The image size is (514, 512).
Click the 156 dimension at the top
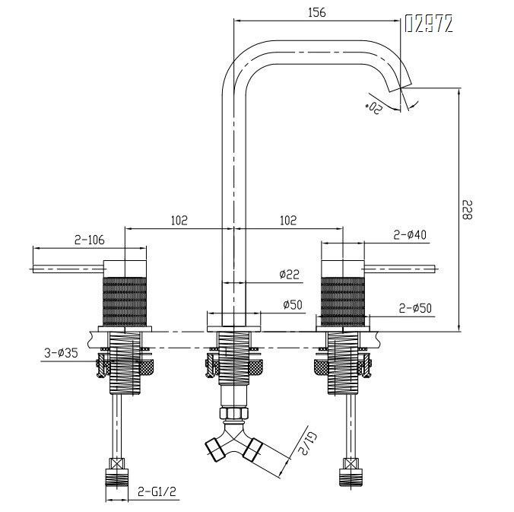pyautogui.click(x=317, y=12)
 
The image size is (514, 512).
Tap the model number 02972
pyautogui.click(x=429, y=24)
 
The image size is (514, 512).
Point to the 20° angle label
pyautogui.click(x=373, y=106)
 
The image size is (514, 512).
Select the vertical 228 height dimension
pyautogui.click(x=467, y=209)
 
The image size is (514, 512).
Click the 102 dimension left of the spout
pyautogui.click(x=179, y=221)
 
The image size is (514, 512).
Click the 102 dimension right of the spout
pyautogui.click(x=288, y=221)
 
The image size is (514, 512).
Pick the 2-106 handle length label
pyautogui.click(x=90, y=240)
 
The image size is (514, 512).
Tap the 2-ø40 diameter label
pyautogui.click(x=410, y=235)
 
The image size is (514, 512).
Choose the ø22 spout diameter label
pyautogui.click(x=290, y=274)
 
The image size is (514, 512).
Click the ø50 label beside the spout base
pyautogui.click(x=293, y=305)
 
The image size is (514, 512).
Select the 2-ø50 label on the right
pyautogui.click(x=415, y=308)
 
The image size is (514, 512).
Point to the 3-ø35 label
pyautogui.click(x=62, y=353)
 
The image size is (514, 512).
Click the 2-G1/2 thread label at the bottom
pyautogui.click(x=157, y=491)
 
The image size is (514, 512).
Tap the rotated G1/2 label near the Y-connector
pyautogui.click(x=307, y=443)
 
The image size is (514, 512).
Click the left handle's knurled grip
pyautogui.click(x=125, y=302)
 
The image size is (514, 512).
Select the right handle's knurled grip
pyautogui.click(x=343, y=302)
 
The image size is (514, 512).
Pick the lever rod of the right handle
pyautogui.click(x=400, y=269)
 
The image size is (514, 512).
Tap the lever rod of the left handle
pyautogui.click(x=68, y=269)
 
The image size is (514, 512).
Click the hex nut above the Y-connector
pyautogui.click(x=233, y=412)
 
